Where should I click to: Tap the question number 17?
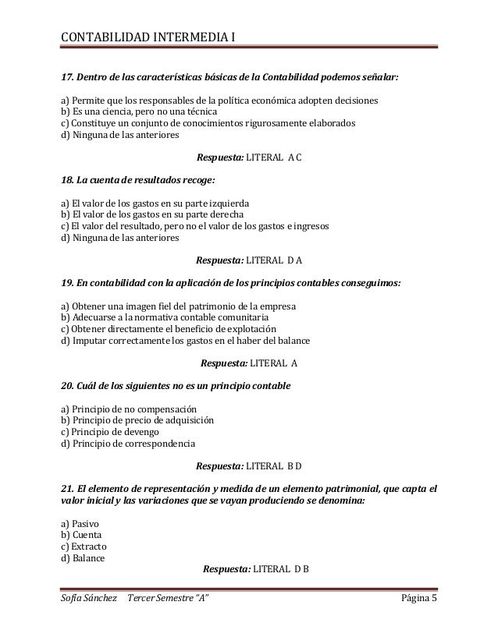[x=67, y=78]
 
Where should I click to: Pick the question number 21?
[x=67, y=489]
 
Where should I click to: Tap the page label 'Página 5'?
[x=419, y=598]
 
